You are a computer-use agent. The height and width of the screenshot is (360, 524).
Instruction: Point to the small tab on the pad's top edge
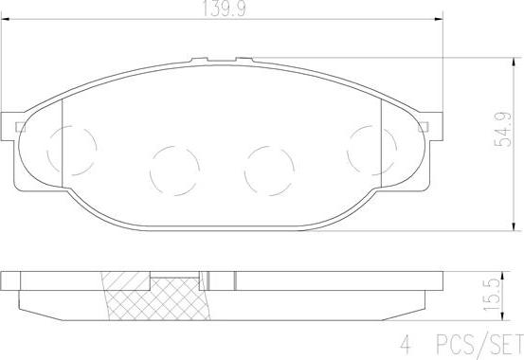(x=226, y=61)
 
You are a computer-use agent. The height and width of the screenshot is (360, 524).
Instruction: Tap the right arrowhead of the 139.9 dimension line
(x=440, y=20)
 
